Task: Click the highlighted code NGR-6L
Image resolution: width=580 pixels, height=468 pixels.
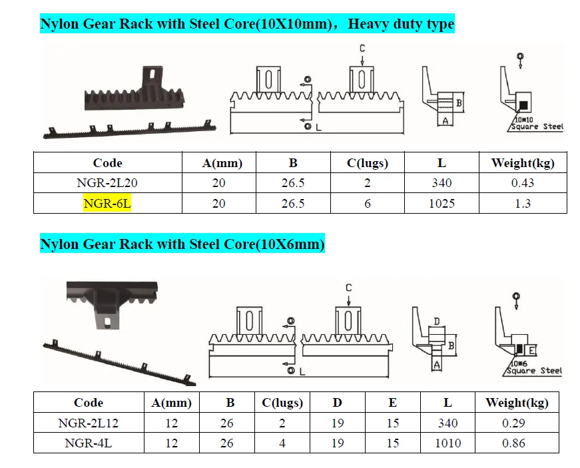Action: [107, 204]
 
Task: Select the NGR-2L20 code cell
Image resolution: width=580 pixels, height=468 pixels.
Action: [107, 183]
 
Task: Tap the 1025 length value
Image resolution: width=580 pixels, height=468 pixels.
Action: [441, 204]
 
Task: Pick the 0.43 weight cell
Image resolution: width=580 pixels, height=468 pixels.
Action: [523, 183]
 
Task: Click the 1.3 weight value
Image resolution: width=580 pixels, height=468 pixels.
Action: [523, 204]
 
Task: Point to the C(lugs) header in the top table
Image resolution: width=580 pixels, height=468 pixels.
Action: [367, 163]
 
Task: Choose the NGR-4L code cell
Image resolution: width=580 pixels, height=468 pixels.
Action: [89, 443]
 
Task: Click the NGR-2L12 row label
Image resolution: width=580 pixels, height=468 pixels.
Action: [89, 423]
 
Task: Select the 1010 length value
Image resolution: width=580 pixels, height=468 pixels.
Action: [447, 443]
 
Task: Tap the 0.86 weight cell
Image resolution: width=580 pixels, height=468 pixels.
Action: [513, 443]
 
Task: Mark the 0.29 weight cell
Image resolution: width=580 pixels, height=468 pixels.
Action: [513, 423]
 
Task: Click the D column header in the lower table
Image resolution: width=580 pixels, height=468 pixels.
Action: [338, 403]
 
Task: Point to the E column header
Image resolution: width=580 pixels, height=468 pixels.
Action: [393, 403]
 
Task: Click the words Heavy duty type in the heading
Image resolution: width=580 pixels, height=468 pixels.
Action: [401, 25]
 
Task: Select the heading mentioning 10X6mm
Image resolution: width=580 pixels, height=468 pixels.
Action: [182, 244]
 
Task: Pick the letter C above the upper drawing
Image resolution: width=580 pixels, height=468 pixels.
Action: [362, 49]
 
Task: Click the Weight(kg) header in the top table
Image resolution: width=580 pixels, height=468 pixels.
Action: [523, 163]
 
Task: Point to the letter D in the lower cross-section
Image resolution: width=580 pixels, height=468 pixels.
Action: [437, 322]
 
